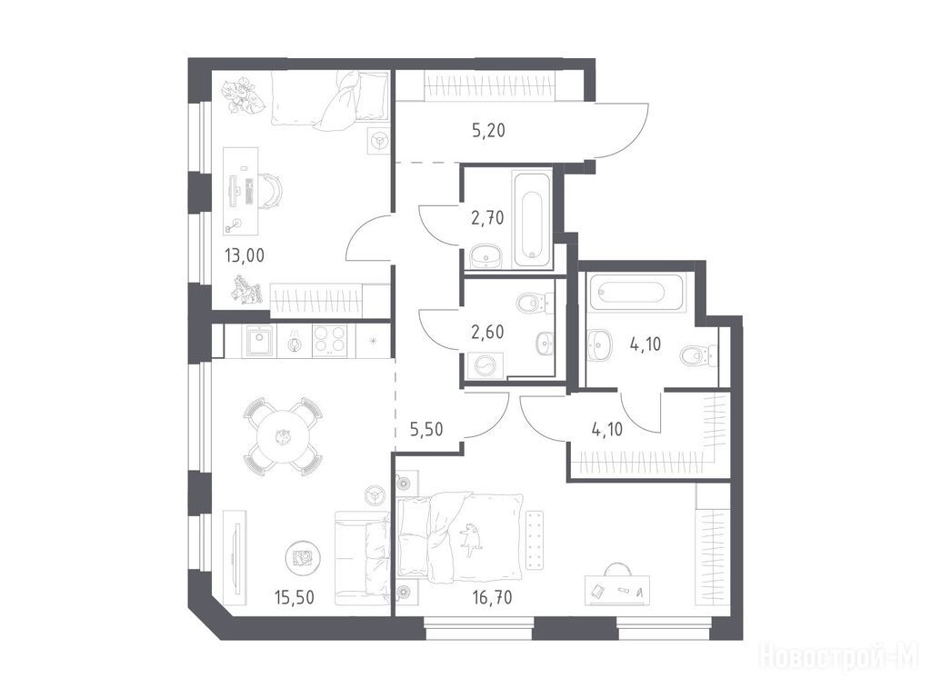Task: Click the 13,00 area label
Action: [244, 255]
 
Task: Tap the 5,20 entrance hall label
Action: [488, 131]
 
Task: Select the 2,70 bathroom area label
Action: [487, 218]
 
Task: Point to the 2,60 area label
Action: [487, 333]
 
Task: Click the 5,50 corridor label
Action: [426, 429]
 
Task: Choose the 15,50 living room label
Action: [294, 596]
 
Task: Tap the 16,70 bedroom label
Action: [492, 596]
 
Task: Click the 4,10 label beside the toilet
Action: [646, 344]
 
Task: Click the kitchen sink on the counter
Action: [259, 342]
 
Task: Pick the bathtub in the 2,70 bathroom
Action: [532, 218]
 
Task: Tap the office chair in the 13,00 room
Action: [271, 191]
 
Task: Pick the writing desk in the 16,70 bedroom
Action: [617, 590]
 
